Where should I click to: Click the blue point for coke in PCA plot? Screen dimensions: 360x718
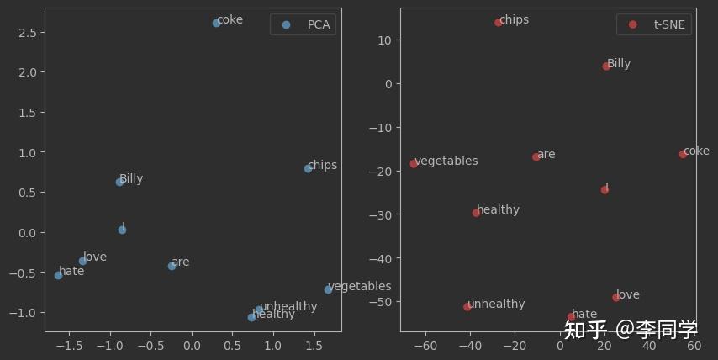(x=216, y=23)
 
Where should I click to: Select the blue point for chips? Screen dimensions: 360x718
(x=308, y=168)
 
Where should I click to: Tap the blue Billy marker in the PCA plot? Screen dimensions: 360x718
(x=119, y=182)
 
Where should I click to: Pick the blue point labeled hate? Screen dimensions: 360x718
(x=58, y=275)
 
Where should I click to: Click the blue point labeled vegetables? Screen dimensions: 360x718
(x=328, y=289)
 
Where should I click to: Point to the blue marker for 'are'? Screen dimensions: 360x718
(x=172, y=266)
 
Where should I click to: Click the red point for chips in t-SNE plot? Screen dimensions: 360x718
(x=499, y=23)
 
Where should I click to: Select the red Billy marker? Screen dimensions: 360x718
(x=606, y=66)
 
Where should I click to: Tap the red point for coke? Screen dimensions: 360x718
(x=683, y=155)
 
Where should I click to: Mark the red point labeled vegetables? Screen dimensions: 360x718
(x=414, y=164)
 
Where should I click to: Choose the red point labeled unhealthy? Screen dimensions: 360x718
(x=467, y=307)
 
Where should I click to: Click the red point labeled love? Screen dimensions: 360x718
(x=616, y=298)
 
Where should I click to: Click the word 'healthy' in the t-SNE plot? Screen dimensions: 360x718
(x=498, y=210)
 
